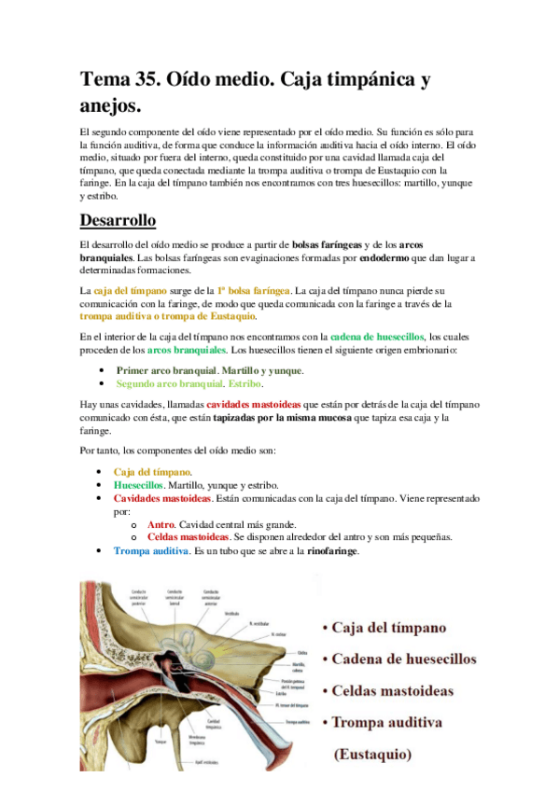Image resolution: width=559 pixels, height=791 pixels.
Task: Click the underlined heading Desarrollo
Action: pyautogui.click(x=118, y=220)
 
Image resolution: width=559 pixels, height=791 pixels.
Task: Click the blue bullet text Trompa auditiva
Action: pyautogui.click(x=150, y=550)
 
